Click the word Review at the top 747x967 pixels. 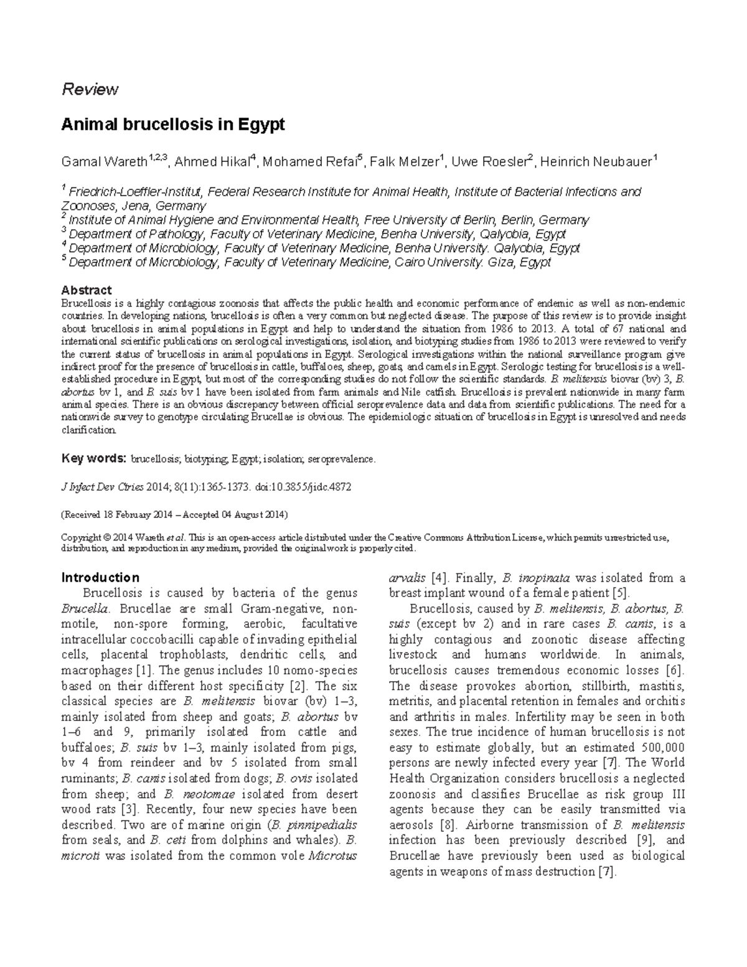(89, 90)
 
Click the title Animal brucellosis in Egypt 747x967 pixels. (172, 125)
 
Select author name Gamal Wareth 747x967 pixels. (104, 163)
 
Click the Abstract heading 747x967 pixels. (86, 290)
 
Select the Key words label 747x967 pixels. (93, 459)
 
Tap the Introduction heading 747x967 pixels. (100, 577)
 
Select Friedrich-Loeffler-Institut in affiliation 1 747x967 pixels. (135, 191)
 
